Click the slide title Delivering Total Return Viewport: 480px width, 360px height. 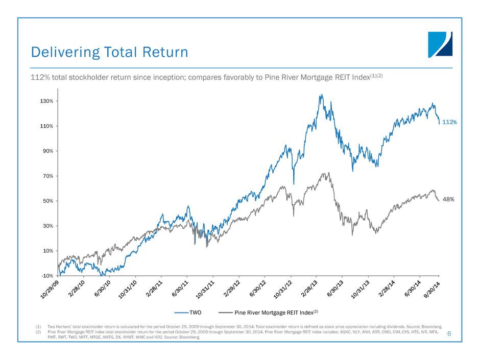pyautogui.click(x=109, y=52)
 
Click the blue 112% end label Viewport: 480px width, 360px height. pyautogui.click(x=449, y=123)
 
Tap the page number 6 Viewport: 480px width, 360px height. pyautogui.click(x=449, y=333)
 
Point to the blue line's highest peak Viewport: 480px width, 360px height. pyautogui.click(x=321, y=94)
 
